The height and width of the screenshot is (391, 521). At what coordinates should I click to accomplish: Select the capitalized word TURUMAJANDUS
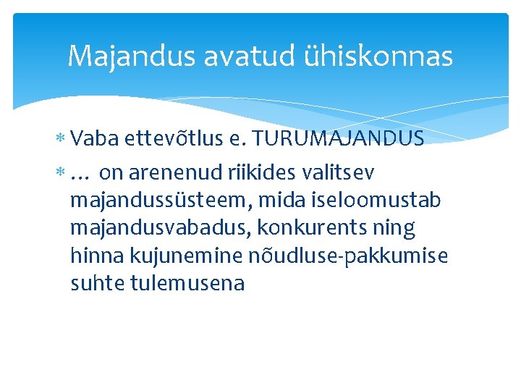(339, 138)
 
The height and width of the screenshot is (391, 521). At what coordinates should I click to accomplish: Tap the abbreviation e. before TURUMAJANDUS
(240, 138)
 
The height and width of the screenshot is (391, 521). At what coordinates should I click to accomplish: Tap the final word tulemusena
(187, 283)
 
